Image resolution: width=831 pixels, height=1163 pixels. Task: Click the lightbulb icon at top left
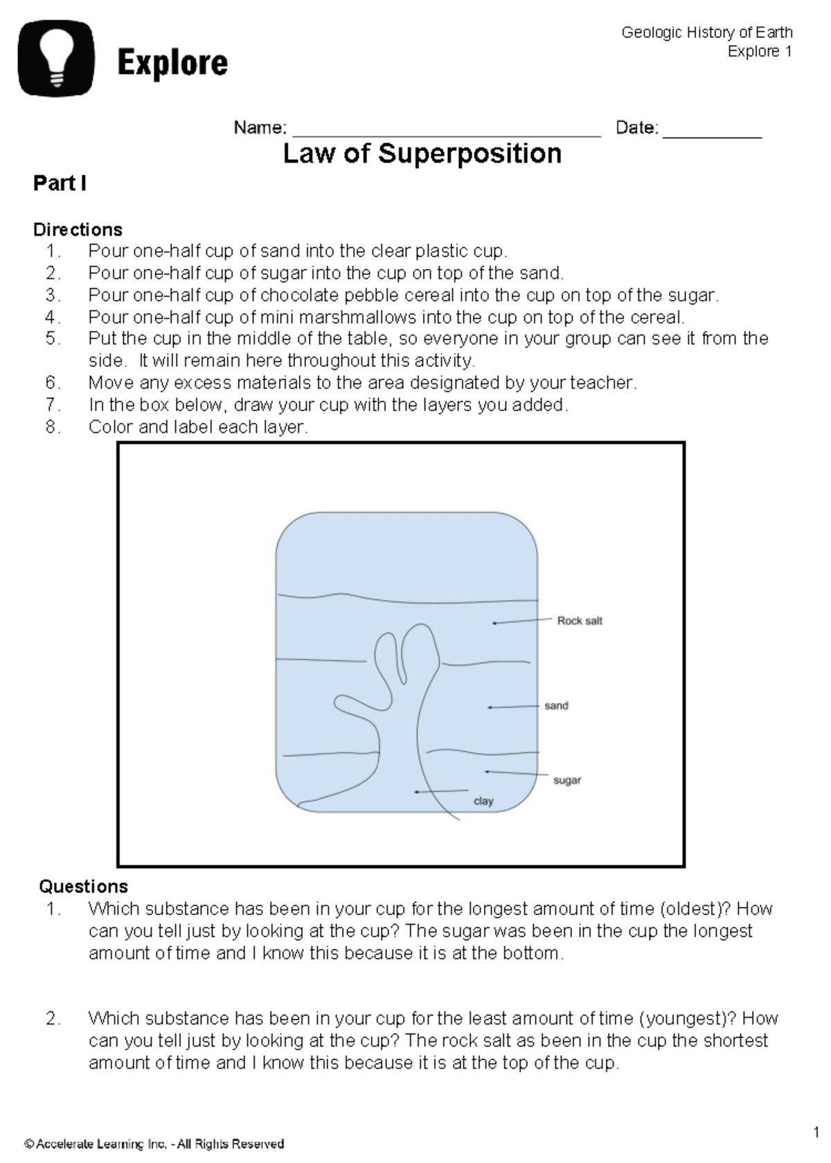(x=56, y=58)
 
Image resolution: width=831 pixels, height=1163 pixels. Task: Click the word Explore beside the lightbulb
(x=172, y=64)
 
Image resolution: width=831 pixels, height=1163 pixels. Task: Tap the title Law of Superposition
(x=422, y=153)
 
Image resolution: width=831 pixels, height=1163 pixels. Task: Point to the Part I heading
(x=60, y=183)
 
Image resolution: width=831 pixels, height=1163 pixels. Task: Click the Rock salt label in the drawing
(x=580, y=621)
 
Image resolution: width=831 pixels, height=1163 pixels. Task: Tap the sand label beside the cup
(x=556, y=705)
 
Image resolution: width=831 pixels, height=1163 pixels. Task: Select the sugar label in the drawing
(x=566, y=780)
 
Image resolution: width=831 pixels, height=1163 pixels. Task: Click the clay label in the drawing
(x=483, y=801)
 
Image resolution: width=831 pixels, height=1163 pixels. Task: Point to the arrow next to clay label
(x=442, y=791)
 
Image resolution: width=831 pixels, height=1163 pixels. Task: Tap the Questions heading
(x=83, y=887)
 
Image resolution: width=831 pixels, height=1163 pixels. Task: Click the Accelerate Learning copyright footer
(x=154, y=1144)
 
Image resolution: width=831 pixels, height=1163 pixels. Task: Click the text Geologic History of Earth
(x=706, y=33)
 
